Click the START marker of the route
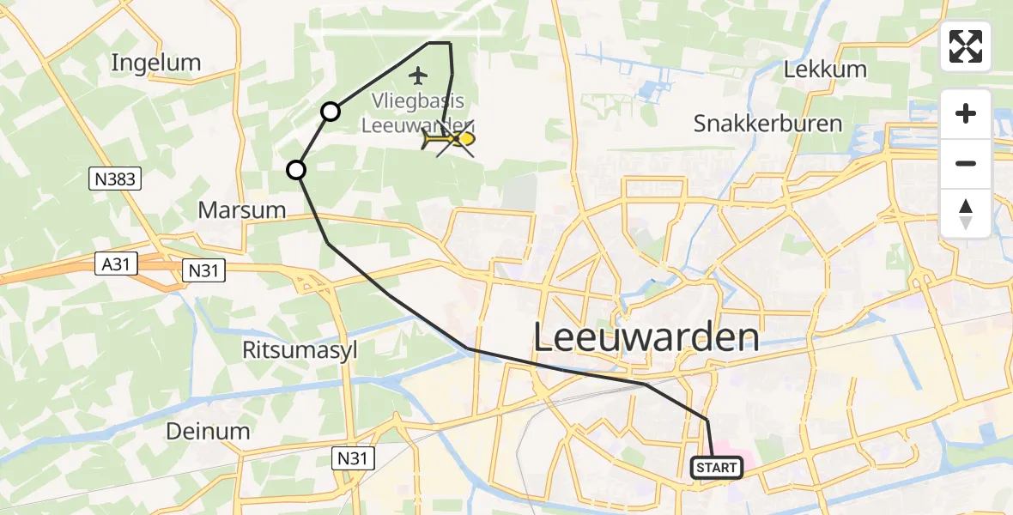(717, 468)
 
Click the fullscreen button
(966, 46)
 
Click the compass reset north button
(966, 214)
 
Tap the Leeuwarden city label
(646, 337)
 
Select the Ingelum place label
(156, 63)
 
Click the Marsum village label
(242, 209)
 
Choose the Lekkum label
(825, 70)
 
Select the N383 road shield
(114, 179)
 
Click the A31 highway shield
(116, 264)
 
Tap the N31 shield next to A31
(204, 271)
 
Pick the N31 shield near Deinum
(353, 459)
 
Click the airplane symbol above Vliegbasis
(418, 76)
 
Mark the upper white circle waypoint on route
(331, 111)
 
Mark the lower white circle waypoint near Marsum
(296, 170)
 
